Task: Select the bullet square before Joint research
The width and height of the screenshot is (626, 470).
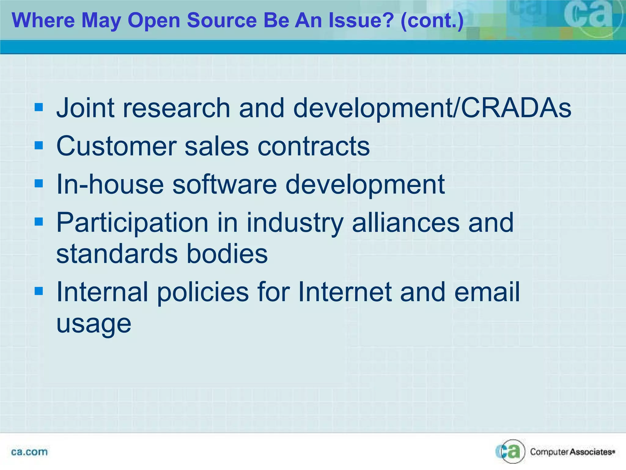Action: coord(39,107)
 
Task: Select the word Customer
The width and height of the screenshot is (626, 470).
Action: coord(116,146)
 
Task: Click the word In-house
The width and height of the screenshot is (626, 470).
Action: coord(110,184)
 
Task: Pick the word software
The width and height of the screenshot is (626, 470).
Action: coord(225,184)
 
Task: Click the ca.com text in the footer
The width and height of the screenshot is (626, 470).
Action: coord(29,452)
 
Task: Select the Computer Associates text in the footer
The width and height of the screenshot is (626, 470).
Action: coord(572,452)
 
